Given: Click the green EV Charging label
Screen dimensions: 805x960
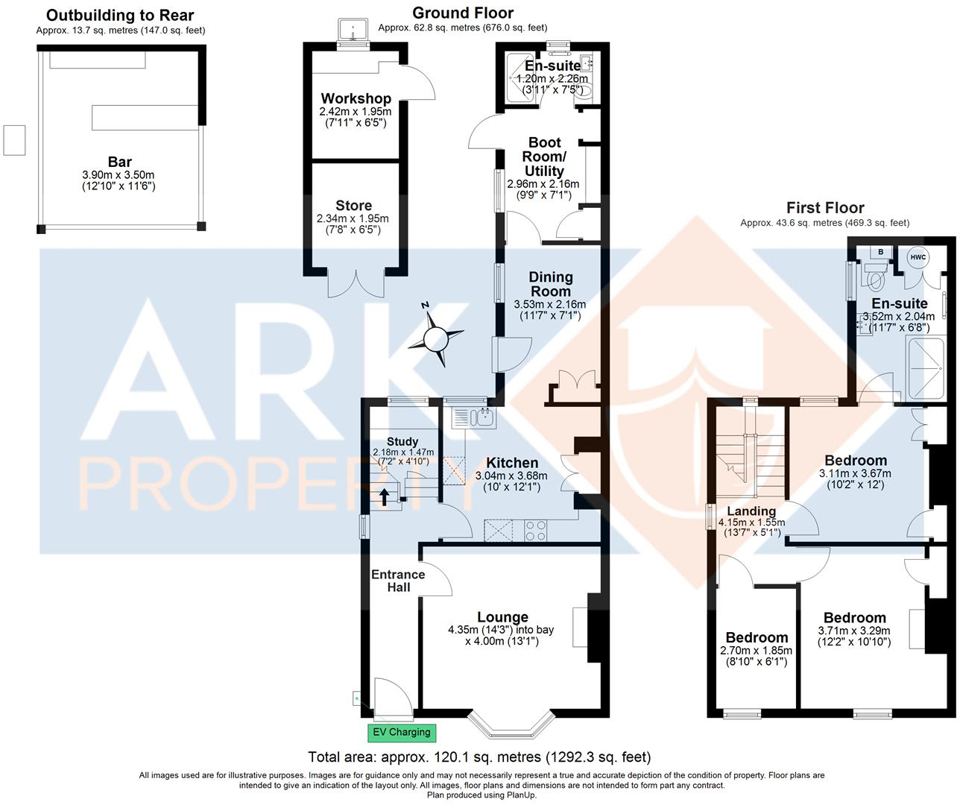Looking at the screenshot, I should point(402,732).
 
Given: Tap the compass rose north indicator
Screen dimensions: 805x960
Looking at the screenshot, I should point(433,339).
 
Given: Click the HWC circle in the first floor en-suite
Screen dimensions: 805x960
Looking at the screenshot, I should point(918,257).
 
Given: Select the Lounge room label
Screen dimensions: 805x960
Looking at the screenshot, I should point(503,616).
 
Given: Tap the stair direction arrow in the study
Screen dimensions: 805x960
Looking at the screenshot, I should point(385,497).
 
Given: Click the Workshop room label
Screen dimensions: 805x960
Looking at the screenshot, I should point(356,98).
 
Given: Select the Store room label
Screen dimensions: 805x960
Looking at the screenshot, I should point(353,205).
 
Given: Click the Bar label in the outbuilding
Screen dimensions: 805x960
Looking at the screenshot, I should point(119,162).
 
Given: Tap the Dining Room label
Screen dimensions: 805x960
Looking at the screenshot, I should point(550,284).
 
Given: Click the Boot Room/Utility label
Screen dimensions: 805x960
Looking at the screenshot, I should point(544,157).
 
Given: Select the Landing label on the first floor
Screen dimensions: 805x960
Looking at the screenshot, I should point(751,511).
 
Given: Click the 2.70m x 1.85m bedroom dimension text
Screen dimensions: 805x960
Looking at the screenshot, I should point(757,651).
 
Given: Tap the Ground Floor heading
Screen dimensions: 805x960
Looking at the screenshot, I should point(462,13).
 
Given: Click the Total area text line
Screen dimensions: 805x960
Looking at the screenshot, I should point(479,757).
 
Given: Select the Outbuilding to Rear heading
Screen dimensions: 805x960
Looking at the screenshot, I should point(120,15).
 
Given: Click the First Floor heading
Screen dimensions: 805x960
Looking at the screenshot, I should point(825,208).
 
